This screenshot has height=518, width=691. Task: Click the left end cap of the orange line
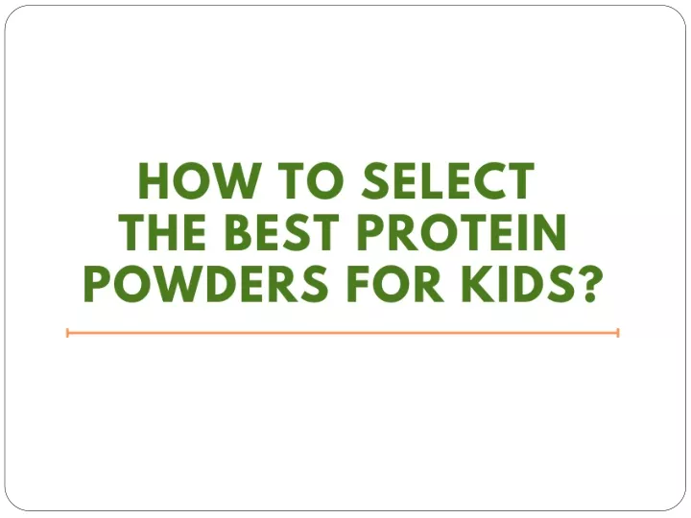67,333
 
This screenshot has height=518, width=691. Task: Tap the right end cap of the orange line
618,333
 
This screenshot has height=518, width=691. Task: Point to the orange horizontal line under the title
343,333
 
